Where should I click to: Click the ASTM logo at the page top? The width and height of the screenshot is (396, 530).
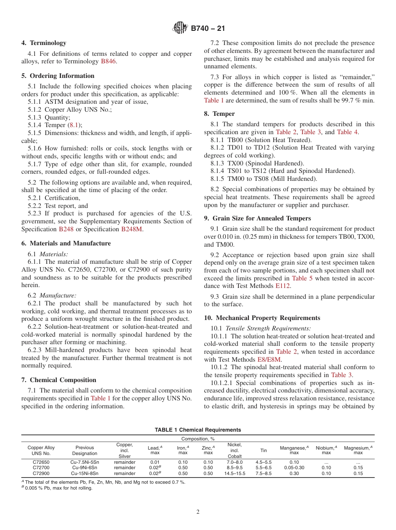tap(180, 28)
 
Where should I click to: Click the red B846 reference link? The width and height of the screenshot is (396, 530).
tap(108, 61)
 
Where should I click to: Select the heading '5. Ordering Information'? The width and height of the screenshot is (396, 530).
tap(58, 76)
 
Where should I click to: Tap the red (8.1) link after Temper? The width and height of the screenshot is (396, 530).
tap(75, 125)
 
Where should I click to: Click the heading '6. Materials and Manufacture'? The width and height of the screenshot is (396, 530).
tap(66, 243)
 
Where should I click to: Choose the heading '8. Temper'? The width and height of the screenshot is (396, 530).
tap(219, 114)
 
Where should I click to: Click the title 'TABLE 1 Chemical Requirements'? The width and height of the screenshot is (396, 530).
tap(198, 430)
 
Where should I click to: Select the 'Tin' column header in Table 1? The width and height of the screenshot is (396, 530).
tap(263, 450)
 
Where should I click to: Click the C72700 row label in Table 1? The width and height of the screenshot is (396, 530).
tap(41, 467)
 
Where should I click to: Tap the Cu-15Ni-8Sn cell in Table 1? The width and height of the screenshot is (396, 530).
tap(85, 473)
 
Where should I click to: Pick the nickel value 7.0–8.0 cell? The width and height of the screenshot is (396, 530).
tap(235, 462)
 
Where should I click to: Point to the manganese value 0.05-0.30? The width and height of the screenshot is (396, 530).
tap(294, 467)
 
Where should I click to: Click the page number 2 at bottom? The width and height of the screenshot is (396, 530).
tap(198, 512)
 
